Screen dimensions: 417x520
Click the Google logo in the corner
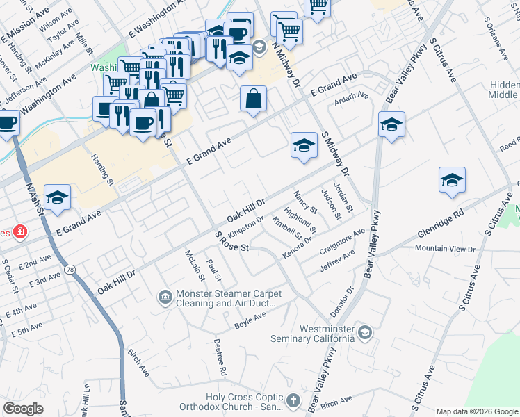(24, 409)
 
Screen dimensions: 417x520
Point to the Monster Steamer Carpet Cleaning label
(226, 298)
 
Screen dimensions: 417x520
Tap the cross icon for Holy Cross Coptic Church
(293, 400)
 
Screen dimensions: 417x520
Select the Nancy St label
(306, 202)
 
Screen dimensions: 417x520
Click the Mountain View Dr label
(445, 248)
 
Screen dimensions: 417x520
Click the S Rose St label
(231, 243)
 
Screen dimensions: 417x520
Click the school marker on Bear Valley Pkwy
(391, 125)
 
